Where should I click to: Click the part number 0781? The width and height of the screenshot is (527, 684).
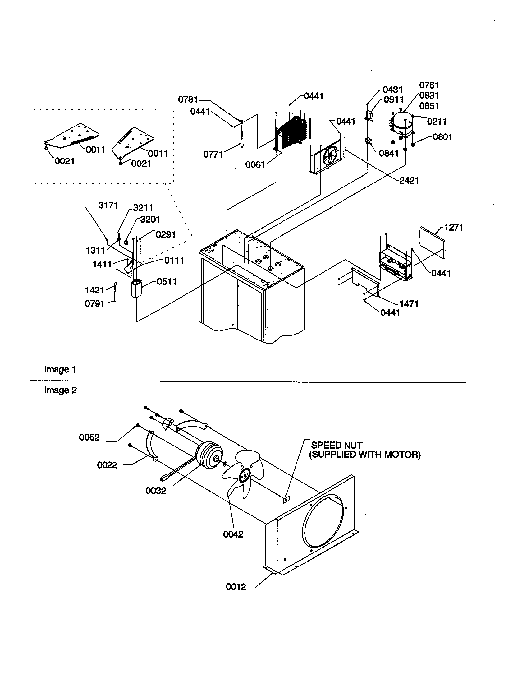188,99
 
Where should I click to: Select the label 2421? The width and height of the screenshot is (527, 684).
409,181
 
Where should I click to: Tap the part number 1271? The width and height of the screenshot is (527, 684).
454,227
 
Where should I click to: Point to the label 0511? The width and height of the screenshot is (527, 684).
167,282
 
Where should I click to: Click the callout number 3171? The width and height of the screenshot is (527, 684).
108,206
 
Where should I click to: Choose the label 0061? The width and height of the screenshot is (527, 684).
255,165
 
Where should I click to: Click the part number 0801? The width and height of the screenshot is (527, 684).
442,137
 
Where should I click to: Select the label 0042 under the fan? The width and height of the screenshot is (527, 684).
233,534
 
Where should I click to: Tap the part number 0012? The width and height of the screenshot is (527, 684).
236,587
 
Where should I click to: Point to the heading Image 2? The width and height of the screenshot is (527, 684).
60,390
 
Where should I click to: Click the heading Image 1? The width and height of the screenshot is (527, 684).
60,370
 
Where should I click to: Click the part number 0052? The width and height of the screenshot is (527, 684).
89,437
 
